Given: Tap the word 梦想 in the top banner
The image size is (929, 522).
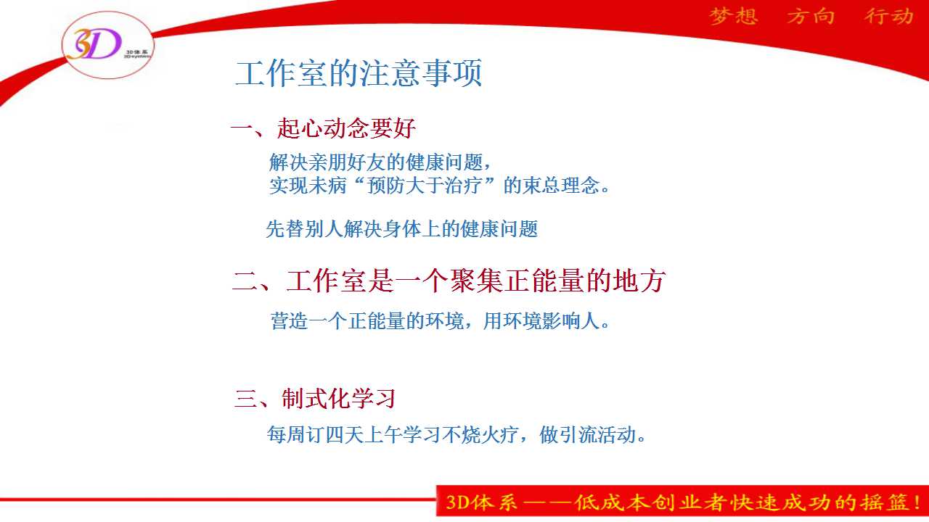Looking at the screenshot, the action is tap(734, 17).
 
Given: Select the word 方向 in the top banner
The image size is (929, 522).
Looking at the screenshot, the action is tap(811, 17).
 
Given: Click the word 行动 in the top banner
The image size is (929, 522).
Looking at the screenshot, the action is tap(889, 17).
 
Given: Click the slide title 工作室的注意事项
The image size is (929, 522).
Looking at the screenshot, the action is tap(359, 73).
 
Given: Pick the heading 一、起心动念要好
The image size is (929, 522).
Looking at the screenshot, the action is tap(323, 128).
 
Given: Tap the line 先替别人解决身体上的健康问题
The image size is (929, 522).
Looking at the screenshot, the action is tap(401, 229).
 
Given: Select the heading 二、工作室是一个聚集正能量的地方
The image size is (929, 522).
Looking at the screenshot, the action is tap(449, 281).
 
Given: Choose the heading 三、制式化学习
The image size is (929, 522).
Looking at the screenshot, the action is tap(315, 399).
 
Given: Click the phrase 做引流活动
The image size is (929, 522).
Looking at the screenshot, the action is tap(587, 434).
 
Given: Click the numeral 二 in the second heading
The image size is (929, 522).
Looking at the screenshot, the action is tap(245, 281).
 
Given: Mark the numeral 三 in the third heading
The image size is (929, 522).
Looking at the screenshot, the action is tap(246, 399).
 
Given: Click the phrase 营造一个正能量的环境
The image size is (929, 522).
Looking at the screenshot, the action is tap(367, 321).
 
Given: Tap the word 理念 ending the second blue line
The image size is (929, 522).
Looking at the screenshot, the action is tap(580, 185).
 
